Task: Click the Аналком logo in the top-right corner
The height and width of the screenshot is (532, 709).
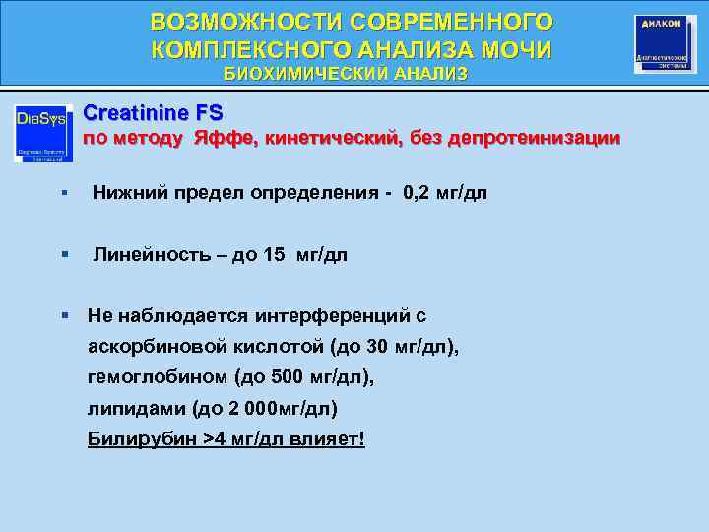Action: pyautogui.click(x=665, y=43)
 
